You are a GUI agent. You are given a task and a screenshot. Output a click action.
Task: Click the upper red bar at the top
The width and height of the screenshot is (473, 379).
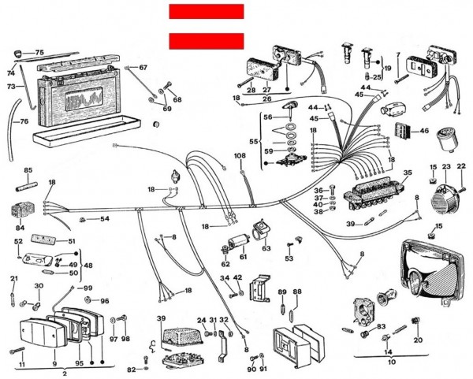(x=206, y=11)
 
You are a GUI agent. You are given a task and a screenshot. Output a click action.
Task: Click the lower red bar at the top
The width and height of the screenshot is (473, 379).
(x=206, y=41)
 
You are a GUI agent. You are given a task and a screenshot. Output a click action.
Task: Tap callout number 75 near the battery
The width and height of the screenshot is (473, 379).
(x=39, y=52)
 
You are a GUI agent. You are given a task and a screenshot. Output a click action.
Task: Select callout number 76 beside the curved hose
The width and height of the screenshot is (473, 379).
(x=24, y=121)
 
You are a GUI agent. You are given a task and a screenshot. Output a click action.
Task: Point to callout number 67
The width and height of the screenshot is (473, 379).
(x=143, y=68)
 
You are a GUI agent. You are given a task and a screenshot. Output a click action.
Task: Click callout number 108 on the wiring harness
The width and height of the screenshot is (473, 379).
(x=240, y=156)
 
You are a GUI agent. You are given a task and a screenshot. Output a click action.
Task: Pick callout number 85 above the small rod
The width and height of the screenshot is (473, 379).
(x=28, y=170)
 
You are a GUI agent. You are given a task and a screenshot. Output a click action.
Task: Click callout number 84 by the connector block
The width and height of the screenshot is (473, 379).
(x=20, y=229)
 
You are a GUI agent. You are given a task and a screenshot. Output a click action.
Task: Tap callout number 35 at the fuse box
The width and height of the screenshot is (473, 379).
(x=408, y=173)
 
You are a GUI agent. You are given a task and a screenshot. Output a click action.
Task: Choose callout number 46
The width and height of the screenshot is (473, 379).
(x=424, y=131)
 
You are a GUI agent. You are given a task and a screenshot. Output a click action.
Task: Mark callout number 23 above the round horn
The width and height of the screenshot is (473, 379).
(x=446, y=166)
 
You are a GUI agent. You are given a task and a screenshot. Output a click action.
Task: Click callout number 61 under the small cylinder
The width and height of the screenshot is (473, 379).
(x=243, y=257)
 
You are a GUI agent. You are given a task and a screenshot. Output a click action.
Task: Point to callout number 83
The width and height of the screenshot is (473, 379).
(x=381, y=326)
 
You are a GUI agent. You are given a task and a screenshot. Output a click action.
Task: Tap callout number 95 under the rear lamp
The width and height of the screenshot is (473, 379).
(x=78, y=363)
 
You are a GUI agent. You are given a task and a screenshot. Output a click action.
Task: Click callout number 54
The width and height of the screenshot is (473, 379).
(x=104, y=218)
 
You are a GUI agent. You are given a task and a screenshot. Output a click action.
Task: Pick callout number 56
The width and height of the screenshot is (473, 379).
(x=268, y=116)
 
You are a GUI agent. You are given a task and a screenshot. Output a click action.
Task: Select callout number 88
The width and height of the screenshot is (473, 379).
(x=296, y=292)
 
